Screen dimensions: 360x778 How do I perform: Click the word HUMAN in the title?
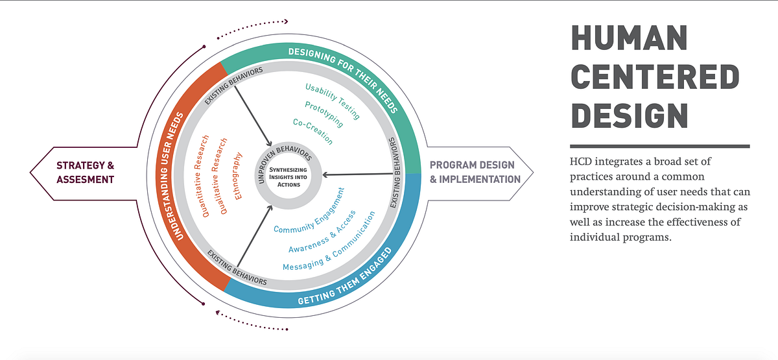(x=633, y=40)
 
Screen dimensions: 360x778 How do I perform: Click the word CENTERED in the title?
(x=655, y=78)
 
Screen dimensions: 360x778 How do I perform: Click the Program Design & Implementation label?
(x=475, y=172)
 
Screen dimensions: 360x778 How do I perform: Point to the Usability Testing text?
(x=332, y=101)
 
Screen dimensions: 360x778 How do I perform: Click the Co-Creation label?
(x=312, y=131)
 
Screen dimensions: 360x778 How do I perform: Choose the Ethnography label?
(x=238, y=175)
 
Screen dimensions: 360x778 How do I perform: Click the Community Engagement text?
(x=309, y=211)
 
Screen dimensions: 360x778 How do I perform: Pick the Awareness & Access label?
(x=322, y=230)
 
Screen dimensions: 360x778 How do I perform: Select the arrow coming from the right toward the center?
(x=360, y=174)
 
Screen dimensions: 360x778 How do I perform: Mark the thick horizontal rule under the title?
(x=659, y=147)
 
